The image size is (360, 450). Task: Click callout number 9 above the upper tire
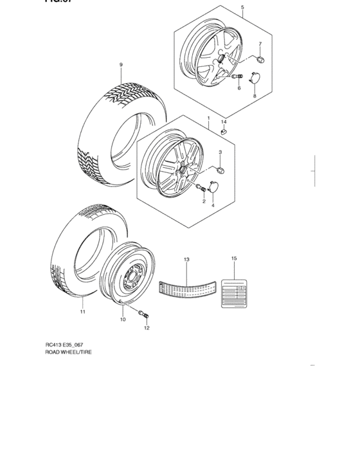click(x=120, y=66)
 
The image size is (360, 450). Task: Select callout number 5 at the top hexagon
click(x=242, y=8)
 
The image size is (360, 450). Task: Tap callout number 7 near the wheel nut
click(x=260, y=44)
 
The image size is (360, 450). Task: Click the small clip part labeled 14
click(x=224, y=132)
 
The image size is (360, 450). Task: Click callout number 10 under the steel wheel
click(x=122, y=319)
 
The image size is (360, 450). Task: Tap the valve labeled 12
click(x=144, y=314)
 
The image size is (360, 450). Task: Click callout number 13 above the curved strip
click(x=186, y=260)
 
